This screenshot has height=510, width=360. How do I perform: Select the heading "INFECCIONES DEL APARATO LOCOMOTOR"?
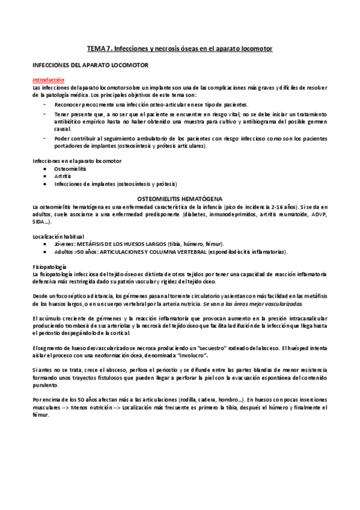click(90, 64)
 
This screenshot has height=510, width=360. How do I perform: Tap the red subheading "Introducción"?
click(48, 79)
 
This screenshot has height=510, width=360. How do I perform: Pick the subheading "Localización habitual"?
click(58, 236)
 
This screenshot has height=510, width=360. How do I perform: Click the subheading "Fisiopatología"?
click(49, 266)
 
